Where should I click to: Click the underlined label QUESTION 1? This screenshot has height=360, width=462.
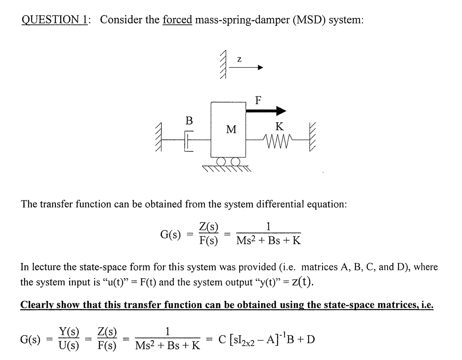55,19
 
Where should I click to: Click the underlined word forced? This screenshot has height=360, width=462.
177,19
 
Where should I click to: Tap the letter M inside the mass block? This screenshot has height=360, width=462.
231,130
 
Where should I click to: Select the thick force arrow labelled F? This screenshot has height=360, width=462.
266,110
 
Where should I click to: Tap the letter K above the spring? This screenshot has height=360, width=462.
279,127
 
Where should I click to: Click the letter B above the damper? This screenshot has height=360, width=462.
189,120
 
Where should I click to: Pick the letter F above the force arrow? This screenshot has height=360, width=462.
258,100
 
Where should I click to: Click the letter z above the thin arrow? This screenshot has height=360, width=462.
239,59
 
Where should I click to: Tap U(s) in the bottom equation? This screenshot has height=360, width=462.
69,346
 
